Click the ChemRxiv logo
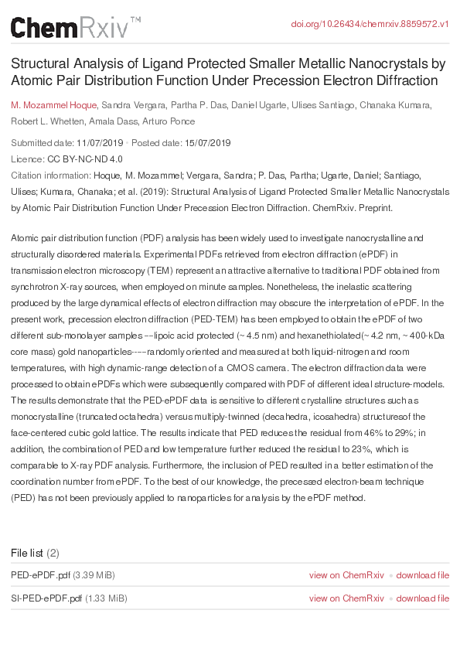coord(75,29)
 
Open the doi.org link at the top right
coord(370,24)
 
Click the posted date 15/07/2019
coord(207,143)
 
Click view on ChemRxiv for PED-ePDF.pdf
coord(346,574)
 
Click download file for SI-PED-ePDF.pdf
coord(422,598)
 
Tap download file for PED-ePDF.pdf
coord(422,574)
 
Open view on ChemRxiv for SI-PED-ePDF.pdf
coord(346,598)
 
